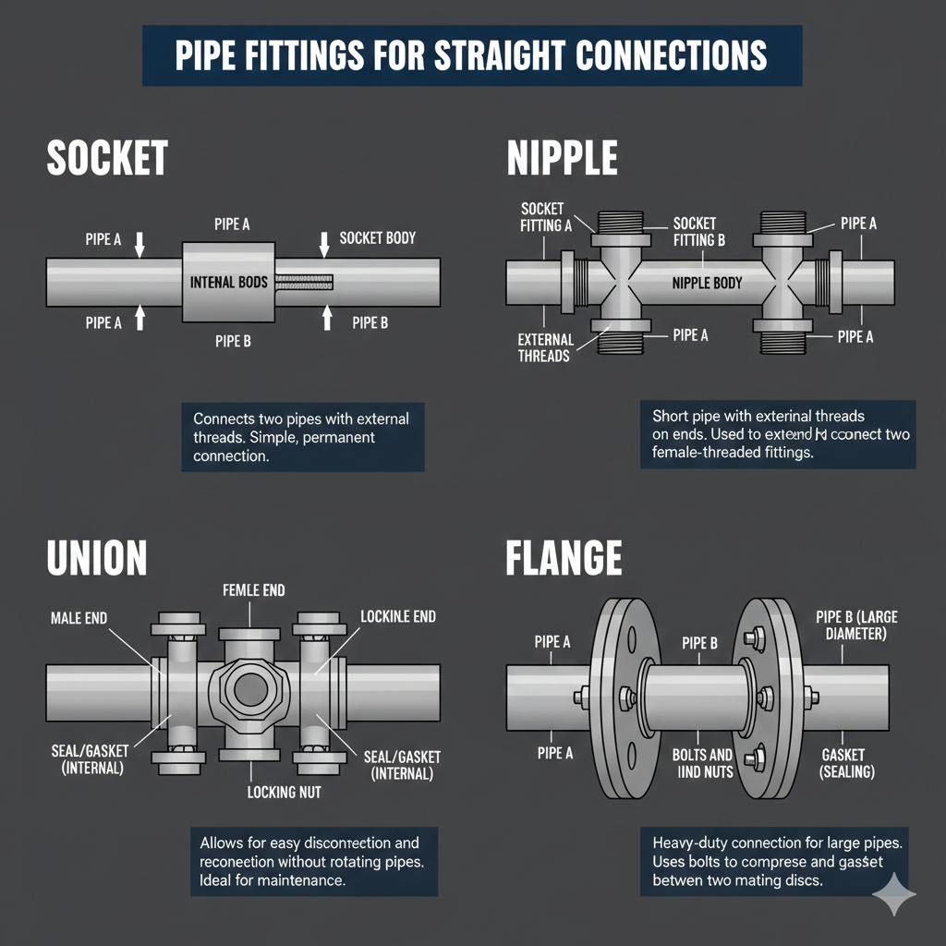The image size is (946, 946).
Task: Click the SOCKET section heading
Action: pos(107,158)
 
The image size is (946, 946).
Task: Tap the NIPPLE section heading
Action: pos(562,158)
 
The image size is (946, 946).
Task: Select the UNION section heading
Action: pos(97,559)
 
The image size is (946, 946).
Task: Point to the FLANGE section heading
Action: pos(564,559)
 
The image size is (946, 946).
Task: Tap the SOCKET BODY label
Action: pos(378,237)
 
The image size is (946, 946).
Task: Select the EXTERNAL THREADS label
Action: pos(545,347)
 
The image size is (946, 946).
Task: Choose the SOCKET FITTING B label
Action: pos(694,232)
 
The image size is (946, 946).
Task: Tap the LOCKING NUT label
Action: pos(285,792)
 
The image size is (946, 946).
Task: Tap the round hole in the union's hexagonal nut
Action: pos(250,688)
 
